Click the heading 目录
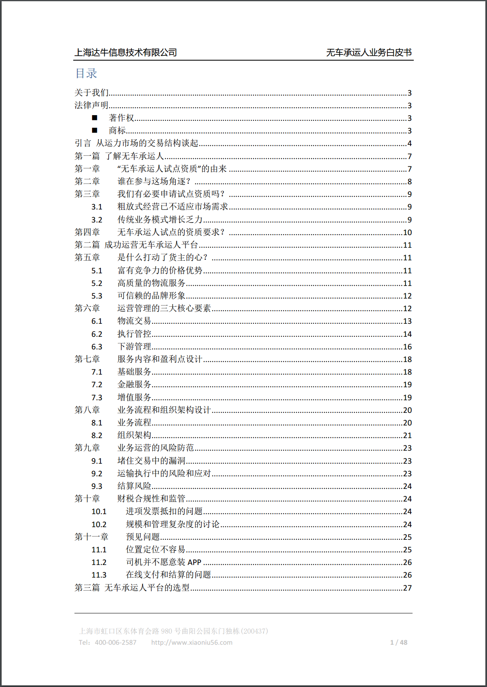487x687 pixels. (86, 74)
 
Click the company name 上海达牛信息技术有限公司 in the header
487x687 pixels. (125, 52)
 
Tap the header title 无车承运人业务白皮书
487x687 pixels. (369, 52)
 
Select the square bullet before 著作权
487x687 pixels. (95, 118)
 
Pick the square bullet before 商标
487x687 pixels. (95, 131)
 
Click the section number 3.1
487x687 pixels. (97, 207)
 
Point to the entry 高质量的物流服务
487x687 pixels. (151, 283)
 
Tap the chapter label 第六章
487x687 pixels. (87, 308)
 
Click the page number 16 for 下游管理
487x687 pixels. (407, 347)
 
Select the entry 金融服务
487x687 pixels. (134, 385)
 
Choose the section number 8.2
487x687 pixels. (97, 436)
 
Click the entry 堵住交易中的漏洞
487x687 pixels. (151, 461)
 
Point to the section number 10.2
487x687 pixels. (99, 525)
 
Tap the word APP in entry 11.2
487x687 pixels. (194, 563)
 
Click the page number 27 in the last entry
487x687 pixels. (407, 588)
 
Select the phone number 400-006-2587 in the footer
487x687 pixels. (116, 643)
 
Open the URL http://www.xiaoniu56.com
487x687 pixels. (192, 643)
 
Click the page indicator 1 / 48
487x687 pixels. (399, 643)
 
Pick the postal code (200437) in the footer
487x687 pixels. (255, 631)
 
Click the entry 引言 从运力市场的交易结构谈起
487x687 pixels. (136, 144)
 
